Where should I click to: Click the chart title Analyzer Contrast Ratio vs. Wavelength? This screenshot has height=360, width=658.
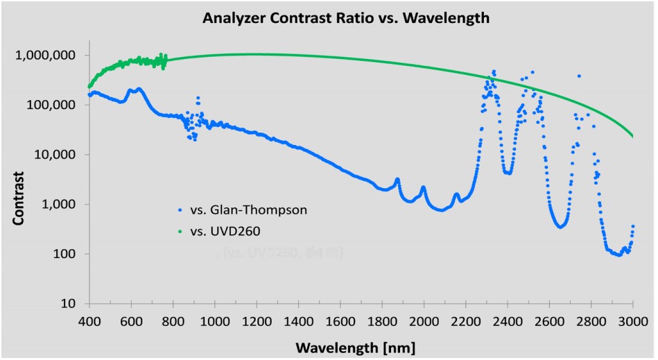pyautogui.click(x=346, y=19)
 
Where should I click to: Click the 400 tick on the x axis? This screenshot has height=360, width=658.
pyautogui.click(x=89, y=320)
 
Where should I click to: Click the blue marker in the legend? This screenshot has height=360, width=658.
pyautogui.click(x=180, y=208)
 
